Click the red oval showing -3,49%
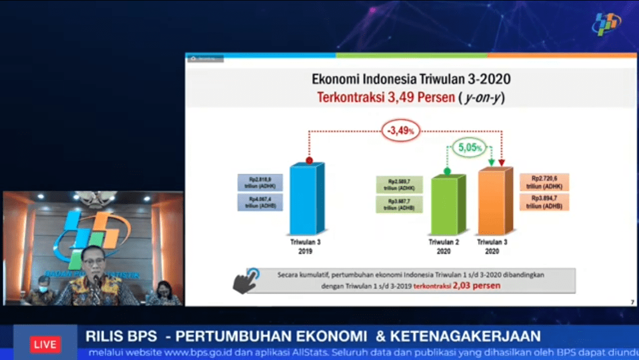point(400,131)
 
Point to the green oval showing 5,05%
point(469,148)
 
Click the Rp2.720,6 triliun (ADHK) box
point(544,182)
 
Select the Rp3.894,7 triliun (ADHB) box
point(544,202)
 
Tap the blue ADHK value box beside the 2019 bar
point(260,183)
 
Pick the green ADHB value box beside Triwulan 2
point(399,204)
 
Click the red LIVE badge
point(45,344)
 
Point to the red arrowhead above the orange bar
point(502,163)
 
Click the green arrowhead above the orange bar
point(491,163)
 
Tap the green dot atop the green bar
point(447,170)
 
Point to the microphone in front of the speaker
point(96,280)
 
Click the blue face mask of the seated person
point(44,290)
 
